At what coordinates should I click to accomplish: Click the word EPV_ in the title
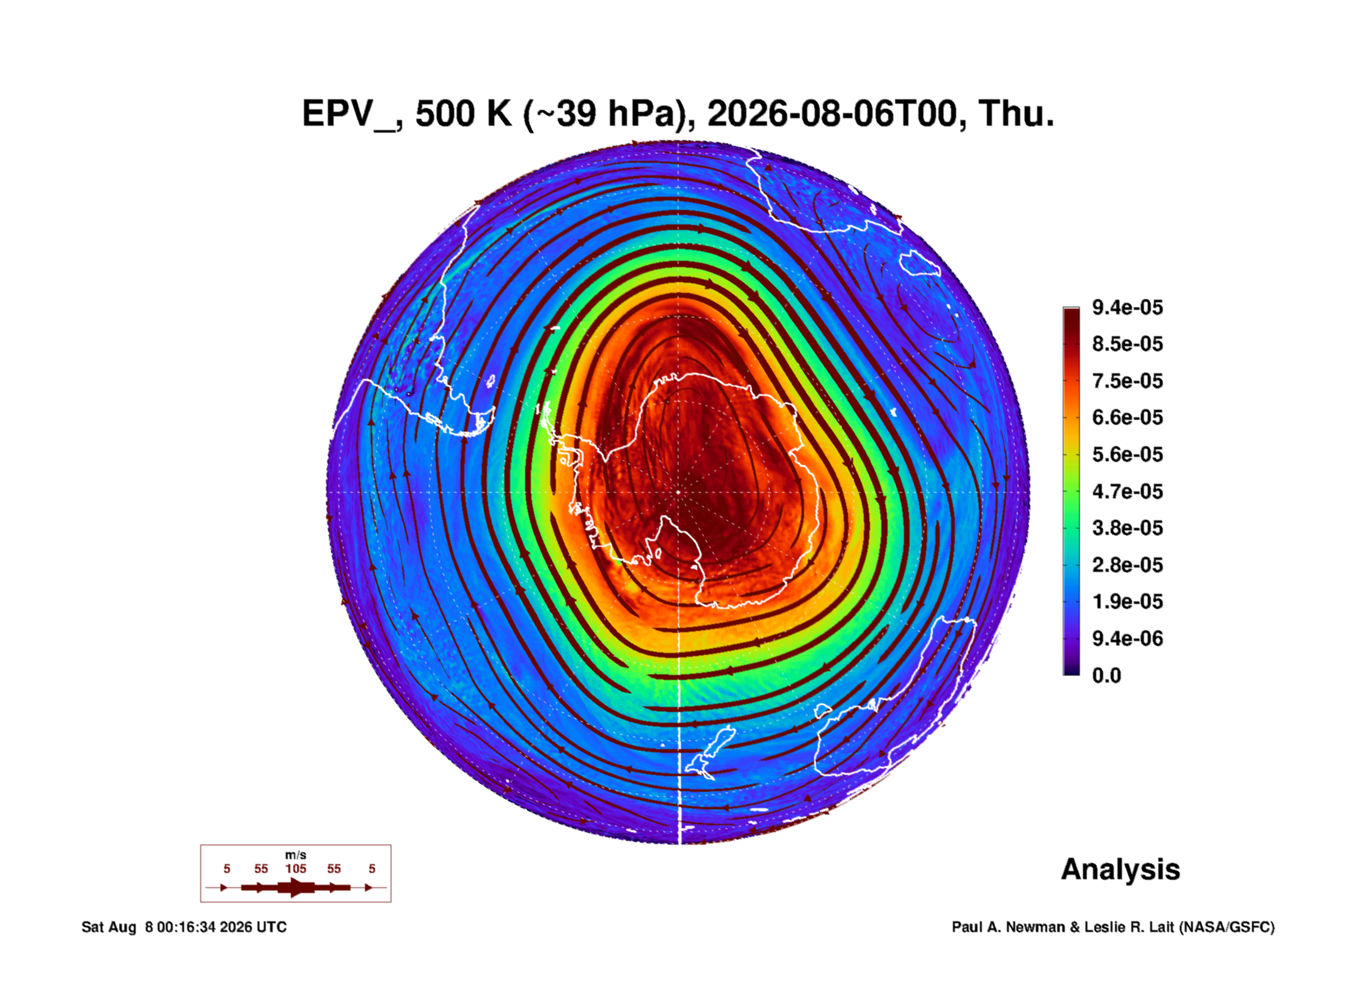click(349, 114)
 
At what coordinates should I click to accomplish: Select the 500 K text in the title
click(464, 114)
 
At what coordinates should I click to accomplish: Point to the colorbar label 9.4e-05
click(1128, 307)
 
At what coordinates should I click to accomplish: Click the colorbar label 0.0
click(1107, 676)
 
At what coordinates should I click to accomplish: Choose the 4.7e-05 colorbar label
click(1128, 491)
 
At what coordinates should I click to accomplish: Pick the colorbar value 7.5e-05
click(1128, 381)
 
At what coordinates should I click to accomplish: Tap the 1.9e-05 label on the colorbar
click(1128, 601)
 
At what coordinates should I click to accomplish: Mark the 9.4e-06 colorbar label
click(1128, 638)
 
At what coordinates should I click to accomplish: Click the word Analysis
click(1121, 870)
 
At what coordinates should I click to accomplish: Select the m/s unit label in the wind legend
click(296, 855)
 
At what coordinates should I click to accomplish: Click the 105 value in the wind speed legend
click(296, 869)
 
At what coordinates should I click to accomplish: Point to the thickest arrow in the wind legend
click(296, 887)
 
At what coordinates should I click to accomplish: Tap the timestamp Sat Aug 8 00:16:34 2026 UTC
click(184, 927)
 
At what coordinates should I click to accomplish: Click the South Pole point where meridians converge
click(678, 492)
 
